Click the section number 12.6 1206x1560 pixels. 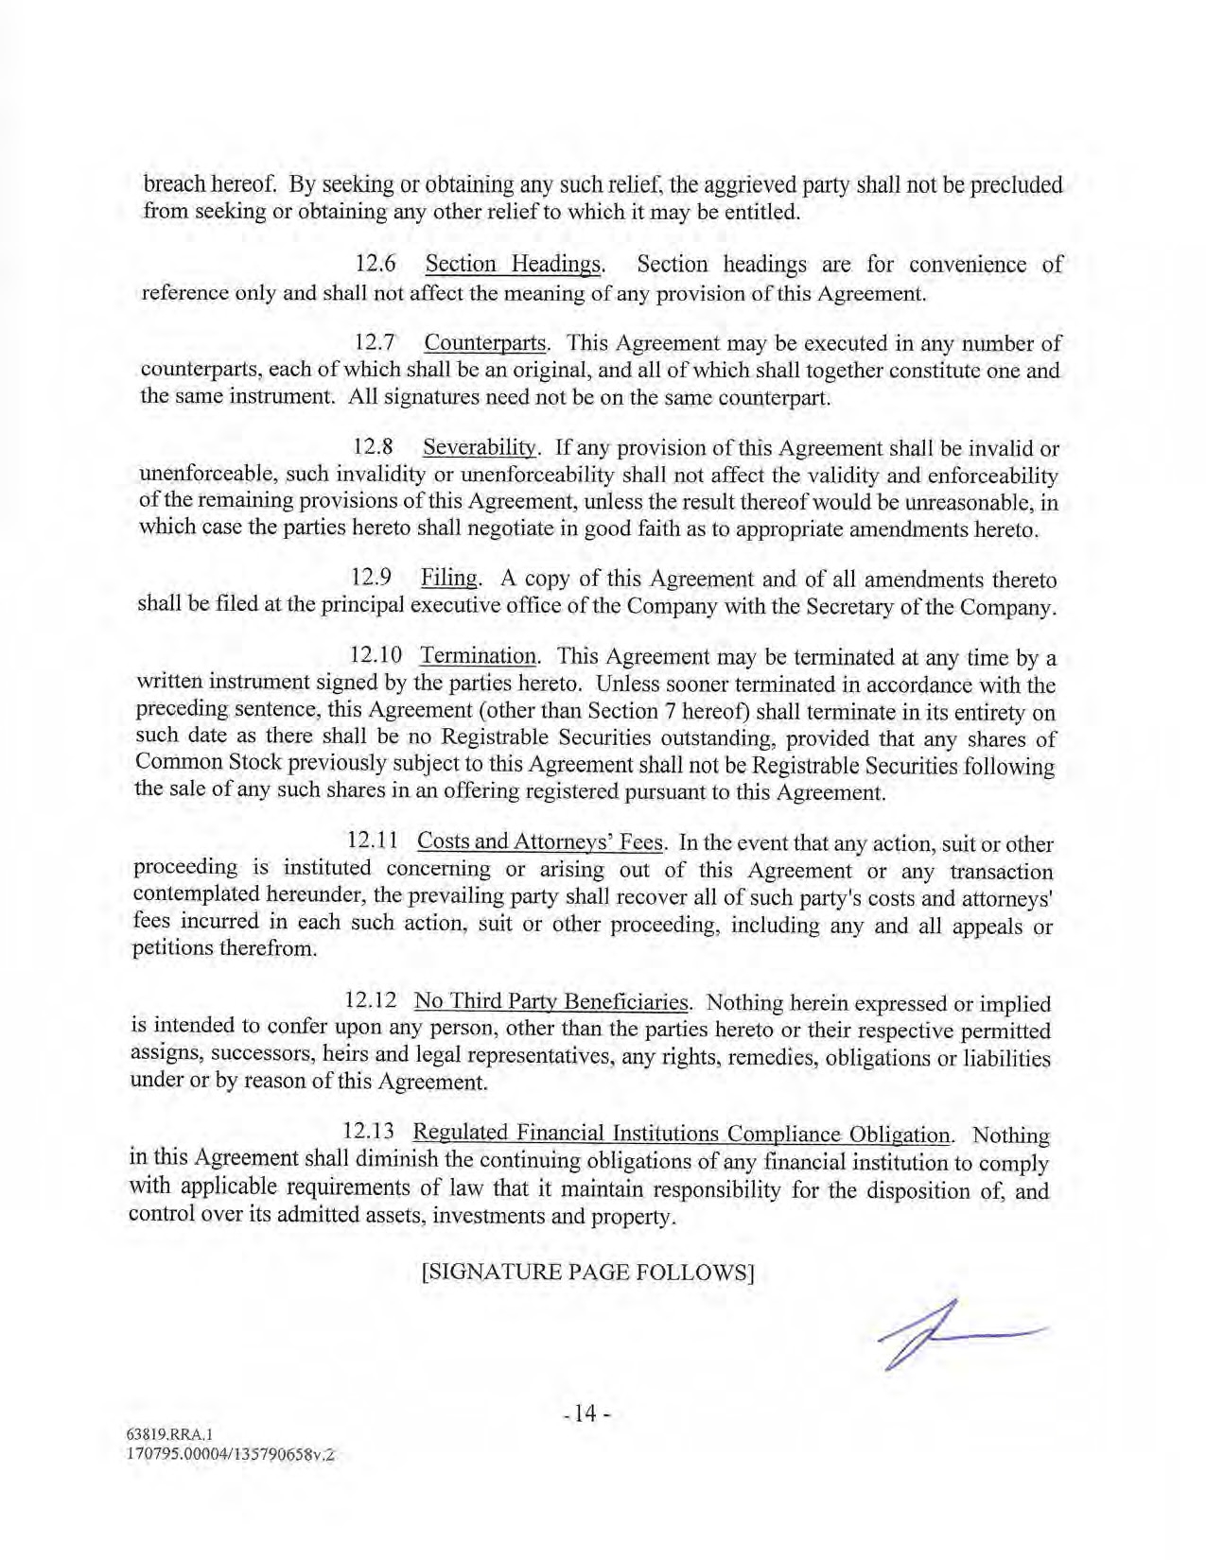[375, 264]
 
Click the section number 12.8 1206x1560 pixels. [373, 446]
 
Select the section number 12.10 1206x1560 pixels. [376, 655]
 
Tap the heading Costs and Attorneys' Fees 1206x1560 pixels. [542, 841]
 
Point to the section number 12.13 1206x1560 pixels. [368, 1132]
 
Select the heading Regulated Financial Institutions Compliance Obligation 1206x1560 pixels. [682, 1134]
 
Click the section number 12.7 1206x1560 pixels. [375, 341]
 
